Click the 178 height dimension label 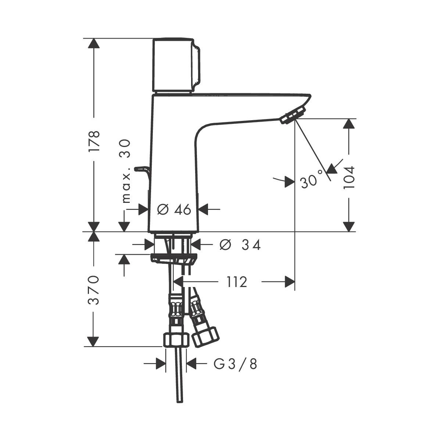[94, 141]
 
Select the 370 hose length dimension [94, 290]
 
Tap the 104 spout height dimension [349, 177]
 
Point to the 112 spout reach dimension [236, 282]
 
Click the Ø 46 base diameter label [174, 209]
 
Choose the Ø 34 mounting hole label [240, 245]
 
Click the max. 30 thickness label [126, 171]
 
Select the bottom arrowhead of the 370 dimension [94, 341]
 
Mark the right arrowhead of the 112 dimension [289, 282]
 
